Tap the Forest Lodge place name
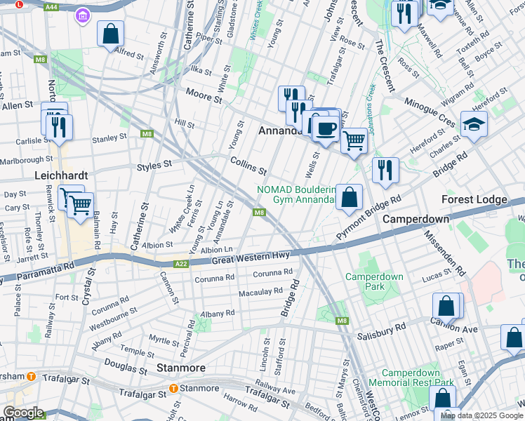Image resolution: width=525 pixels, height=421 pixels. coord(474,200)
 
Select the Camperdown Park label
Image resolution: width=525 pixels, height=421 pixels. coord(374,282)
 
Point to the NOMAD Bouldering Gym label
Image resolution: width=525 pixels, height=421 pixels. coord(295,194)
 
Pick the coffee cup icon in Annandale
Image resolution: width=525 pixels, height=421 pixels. coord(325,127)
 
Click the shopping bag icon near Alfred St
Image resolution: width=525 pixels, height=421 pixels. coord(111,33)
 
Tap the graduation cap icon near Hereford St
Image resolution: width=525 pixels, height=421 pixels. coord(474,124)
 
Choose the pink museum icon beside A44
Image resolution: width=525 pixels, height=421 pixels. coord(84,14)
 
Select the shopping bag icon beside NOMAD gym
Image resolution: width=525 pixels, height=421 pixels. coord(349,197)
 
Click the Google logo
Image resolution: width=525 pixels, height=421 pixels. coord(23,413)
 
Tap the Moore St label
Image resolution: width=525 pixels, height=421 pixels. coord(204,93)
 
